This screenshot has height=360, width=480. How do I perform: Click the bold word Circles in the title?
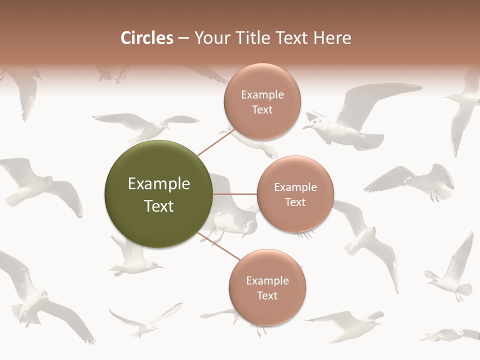click(146, 38)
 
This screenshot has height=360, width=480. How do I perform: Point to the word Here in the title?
click(332, 38)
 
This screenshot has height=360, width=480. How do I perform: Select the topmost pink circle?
click(262, 101)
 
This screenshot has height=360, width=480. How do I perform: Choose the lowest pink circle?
click(267, 287)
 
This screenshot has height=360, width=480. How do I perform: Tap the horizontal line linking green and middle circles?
click(235, 194)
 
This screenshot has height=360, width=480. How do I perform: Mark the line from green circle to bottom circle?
click(219, 246)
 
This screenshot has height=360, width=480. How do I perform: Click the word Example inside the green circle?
click(159, 184)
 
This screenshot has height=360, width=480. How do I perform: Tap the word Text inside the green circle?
click(159, 206)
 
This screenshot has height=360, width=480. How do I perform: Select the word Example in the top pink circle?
click(262, 95)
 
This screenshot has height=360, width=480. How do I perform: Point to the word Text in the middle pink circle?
click(295, 202)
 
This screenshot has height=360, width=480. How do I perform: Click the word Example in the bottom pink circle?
click(267, 281)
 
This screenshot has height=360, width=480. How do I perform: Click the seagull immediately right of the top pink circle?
click(350, 120)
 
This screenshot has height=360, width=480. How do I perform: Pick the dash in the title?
click(183, 38)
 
